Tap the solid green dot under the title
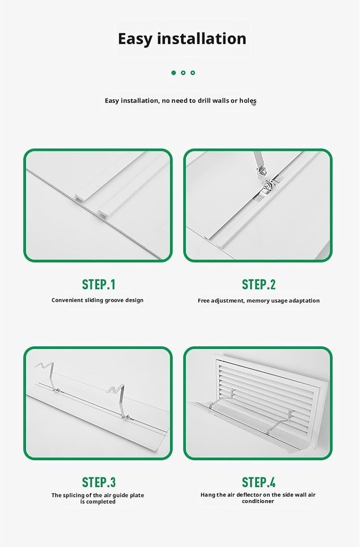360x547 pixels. (174, 73)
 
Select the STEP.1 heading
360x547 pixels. (98, 284)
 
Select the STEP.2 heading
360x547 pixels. (259, 284)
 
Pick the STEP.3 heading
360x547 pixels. (98, 482)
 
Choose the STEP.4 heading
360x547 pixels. (259, 482)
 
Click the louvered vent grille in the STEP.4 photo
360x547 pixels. (266, 383)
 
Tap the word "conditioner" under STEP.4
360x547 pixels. (258, 501)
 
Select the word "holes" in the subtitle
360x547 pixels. (248, 101)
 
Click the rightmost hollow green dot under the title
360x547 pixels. (193, 73)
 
